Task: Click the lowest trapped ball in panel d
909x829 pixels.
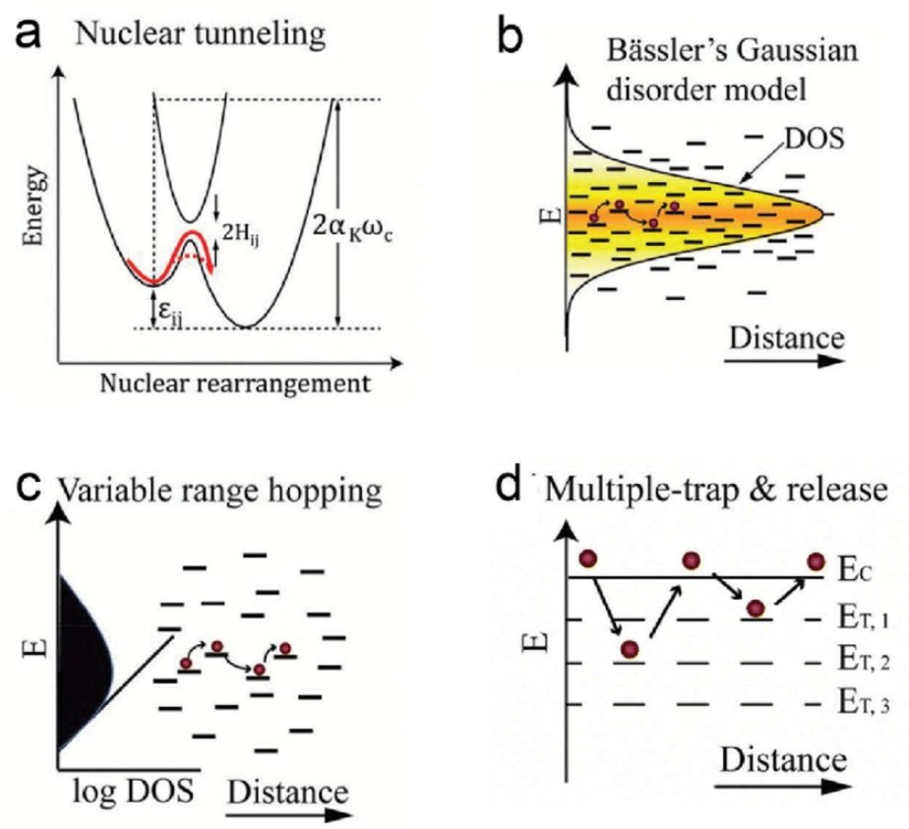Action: click(x=631, y=650)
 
